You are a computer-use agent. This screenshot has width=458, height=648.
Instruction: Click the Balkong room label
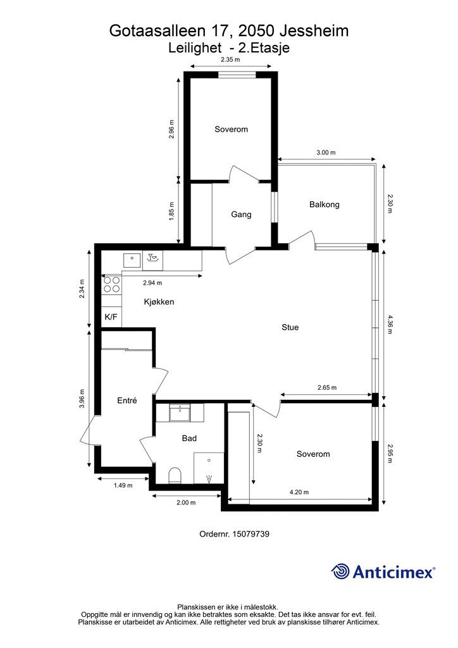pyautogui.click(x=325, y=204)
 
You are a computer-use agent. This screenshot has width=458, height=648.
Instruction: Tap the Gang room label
pyautogui.click(x=241, y=215)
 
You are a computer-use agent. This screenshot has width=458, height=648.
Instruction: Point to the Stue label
pyautogui.click(x=290, y=327)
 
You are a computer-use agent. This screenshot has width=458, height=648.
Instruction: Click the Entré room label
pyautogui.click(x=127, y=401)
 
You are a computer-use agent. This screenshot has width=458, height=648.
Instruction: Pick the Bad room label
pyautogui.click(x=189, y=438)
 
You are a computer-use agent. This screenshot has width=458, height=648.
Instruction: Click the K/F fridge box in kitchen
pyautogui.click(x=111, y=317)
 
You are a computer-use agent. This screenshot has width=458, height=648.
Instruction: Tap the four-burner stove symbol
pyautogui.click(x=112, y=284)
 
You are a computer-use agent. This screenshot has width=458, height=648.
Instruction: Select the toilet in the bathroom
pyautogui.click(x=175, y=474)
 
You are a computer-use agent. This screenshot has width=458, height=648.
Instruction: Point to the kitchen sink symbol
pyautogui.click(x=132, y=258)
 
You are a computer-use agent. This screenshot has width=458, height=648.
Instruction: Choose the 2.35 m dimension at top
pyautogui.click(x=230, y=60)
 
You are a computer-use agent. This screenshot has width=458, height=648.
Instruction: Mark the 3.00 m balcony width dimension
pyautogui.click(x=326, y=153)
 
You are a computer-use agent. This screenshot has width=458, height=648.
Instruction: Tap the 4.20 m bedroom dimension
pyautogui.click(x=299, y=492)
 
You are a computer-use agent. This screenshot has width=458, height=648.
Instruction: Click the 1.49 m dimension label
pyautogui.click(x=123, y=485)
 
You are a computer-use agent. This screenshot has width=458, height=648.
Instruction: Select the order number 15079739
pyautogui.click(x=235, y=533)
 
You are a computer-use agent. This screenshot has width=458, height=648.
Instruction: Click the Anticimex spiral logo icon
pyautogui.click(x=340, y=571)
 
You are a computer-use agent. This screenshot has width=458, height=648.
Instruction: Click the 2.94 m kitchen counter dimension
pyautogui.click(x=152, y=283)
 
